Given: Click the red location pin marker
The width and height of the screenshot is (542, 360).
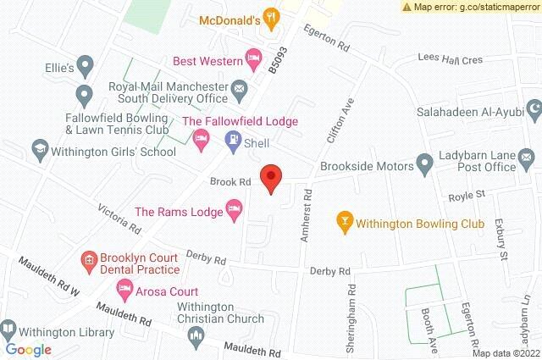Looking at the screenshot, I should [270, 178].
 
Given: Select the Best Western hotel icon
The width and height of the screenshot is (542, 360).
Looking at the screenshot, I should [252, 58].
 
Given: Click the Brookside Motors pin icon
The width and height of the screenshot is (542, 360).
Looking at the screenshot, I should [423, 163].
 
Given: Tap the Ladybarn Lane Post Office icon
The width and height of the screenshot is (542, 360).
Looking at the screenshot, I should [526, 157].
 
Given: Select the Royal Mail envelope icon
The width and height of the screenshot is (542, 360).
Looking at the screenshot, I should [239, 88].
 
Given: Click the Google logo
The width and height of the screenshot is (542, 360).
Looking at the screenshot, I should [29, 349].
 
